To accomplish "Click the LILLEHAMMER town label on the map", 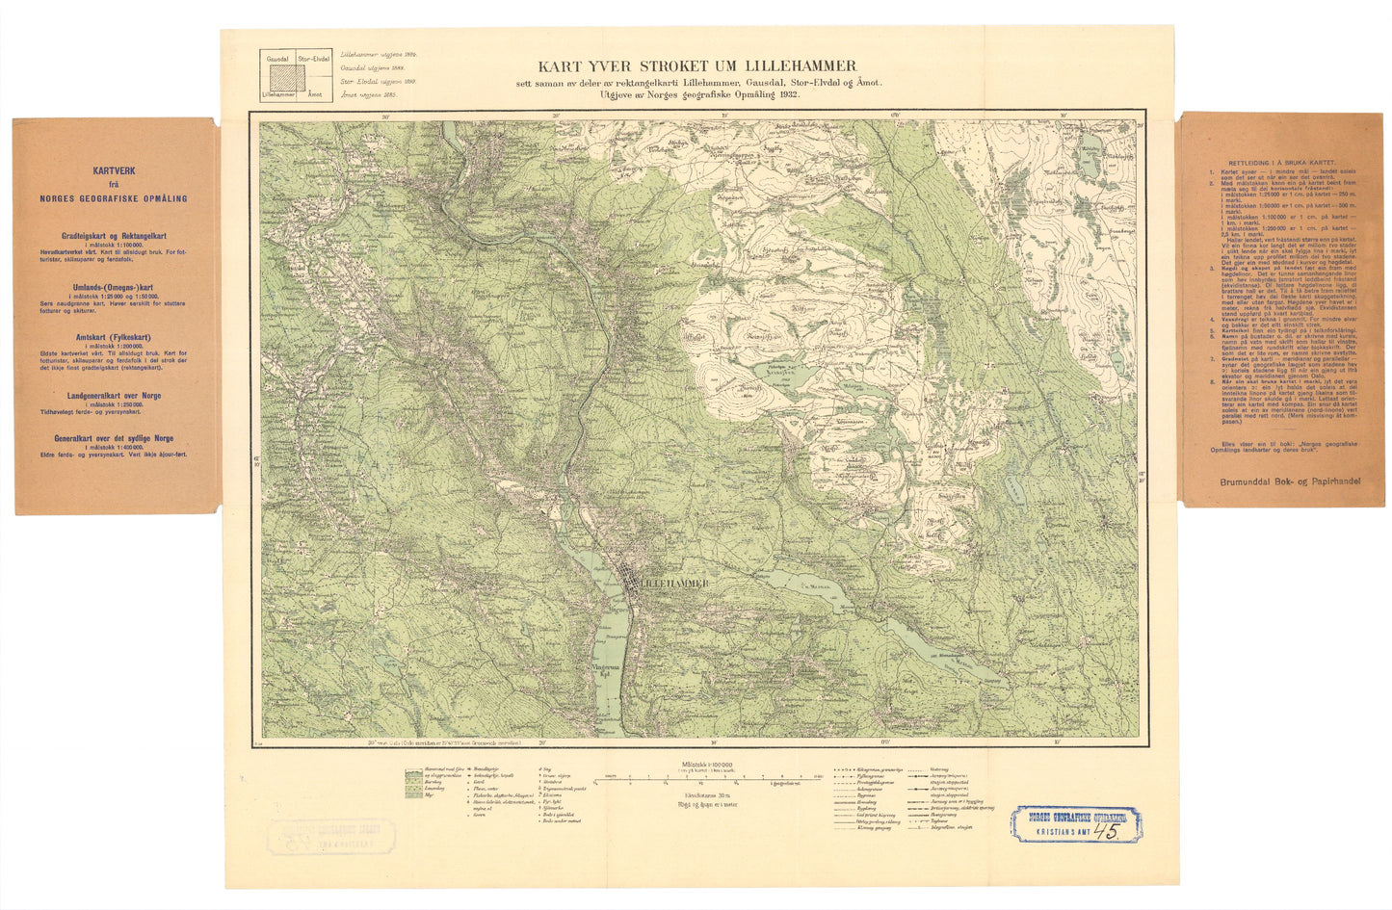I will tap(675, 584).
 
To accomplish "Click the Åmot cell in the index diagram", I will tap(314, 95).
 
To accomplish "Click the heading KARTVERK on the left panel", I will tap(114, 170).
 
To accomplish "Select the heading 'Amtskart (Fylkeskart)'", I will tap(113, 337).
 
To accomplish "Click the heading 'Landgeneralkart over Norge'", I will tap(113, 395).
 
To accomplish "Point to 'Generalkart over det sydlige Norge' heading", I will tap(113, 437).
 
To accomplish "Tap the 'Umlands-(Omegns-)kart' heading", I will tap(113, 288).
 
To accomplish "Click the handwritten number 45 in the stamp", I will tap(1112, 833).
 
